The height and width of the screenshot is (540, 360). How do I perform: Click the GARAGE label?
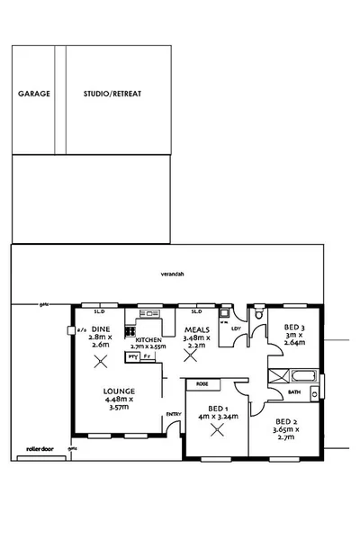tap(34, 94)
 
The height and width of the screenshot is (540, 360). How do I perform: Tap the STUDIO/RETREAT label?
tap(112, 94)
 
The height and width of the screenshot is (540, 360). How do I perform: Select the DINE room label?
tap(100, 329)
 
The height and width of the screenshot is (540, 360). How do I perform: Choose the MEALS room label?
tap(197, 329)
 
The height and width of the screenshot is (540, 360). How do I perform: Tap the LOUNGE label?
tap(118, 391)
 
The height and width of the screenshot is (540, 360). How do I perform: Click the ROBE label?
tap(203, 382)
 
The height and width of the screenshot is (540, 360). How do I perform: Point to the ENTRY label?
tap(174, 415)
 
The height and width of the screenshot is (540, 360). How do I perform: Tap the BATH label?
tap(293, 392)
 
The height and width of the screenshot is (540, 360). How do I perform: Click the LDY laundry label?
tap(236, 328)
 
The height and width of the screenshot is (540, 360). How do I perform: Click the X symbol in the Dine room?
tap(101, 361)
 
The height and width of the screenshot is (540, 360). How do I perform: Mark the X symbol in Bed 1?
tap(216, 429)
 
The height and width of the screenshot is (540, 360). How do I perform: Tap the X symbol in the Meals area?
tap(190, 355)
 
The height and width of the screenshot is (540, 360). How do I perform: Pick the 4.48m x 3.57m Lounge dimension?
tap(118, 406)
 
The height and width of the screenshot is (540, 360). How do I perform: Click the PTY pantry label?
tap(133, 356)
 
